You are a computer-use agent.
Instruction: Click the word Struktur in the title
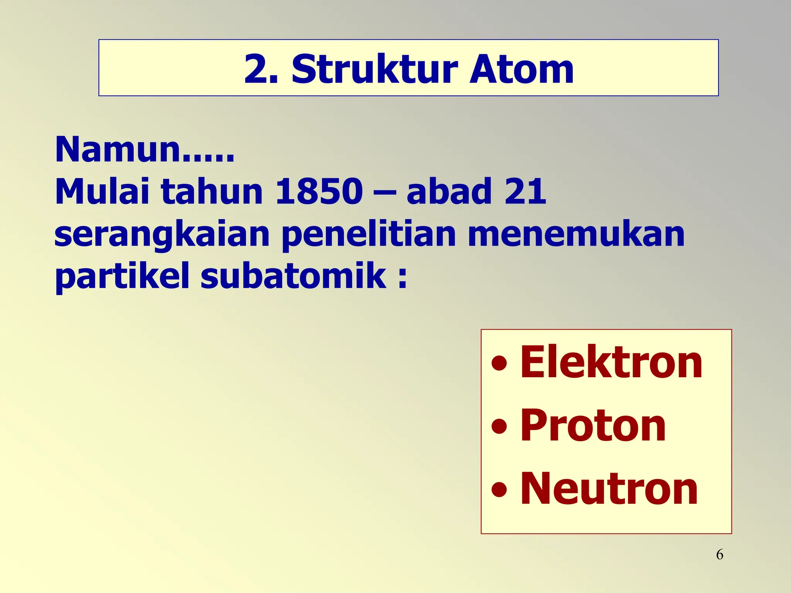(x=375, y=69)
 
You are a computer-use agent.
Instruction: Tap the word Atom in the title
(x=521, y=69)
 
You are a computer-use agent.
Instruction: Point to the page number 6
(x=720, y=555)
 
